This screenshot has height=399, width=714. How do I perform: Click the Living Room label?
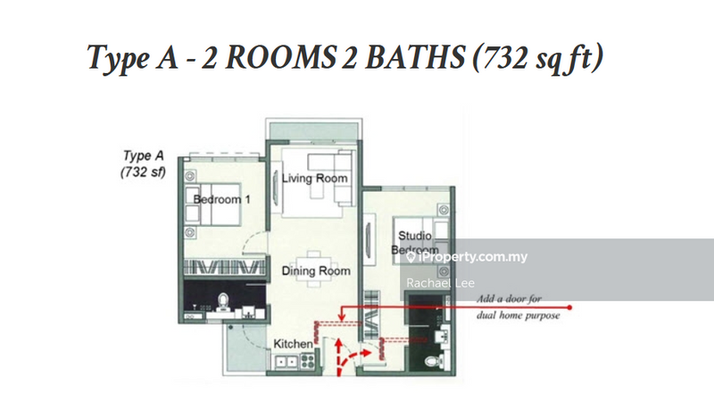315,179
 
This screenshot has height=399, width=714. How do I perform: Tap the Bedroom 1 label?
221,199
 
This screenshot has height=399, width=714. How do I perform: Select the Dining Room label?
316,271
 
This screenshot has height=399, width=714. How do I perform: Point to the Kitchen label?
293,344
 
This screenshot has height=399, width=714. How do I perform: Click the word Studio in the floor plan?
415,236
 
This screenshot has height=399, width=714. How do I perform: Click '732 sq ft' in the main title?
538,58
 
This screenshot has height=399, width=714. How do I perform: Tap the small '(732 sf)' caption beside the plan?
143,172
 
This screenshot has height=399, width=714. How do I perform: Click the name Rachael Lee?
440,283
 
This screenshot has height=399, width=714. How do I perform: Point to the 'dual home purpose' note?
519,315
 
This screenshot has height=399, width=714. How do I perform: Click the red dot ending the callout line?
569,307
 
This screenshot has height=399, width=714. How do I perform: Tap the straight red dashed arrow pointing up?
338,357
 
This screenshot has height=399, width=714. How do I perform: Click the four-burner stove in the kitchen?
307,362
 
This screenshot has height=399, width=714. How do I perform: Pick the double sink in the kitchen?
286,362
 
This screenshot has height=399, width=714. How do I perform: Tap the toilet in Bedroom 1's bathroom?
222,302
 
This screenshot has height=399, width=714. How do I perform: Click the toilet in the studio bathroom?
433,362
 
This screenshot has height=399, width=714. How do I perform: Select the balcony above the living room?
314,131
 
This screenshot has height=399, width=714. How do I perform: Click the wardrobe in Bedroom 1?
225,267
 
